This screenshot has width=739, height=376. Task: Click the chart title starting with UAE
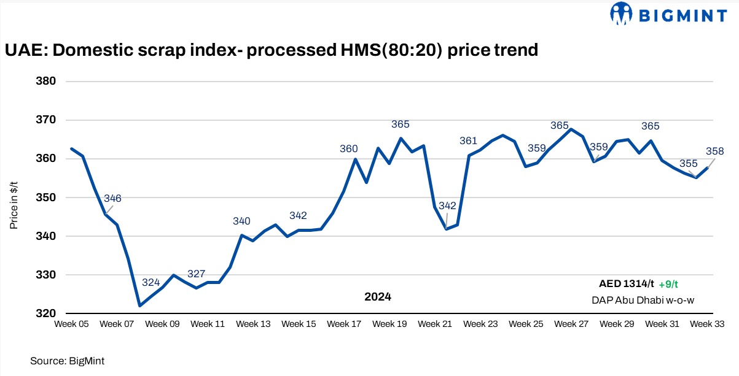pos(272,50)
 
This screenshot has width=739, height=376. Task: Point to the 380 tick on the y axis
pos(47,82)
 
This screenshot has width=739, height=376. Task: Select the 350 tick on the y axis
pos(47,198)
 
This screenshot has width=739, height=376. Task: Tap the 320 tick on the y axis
pos(47,313)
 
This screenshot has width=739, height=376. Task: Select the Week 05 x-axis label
pos(72,324)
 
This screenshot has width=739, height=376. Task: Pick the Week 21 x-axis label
pos(435,324)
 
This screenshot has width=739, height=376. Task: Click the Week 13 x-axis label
pos(253,324)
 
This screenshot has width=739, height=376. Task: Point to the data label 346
pos(113,198)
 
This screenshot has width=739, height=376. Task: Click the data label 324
pos(151,282)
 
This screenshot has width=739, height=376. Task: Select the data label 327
pos(196,274)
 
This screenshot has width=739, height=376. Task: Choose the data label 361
pos(468,141)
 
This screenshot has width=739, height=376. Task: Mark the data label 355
pos(688,164)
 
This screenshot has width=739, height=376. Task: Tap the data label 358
pos(715,151)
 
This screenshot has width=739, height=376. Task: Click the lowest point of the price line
pos(140,305)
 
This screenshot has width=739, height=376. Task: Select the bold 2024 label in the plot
pos(377,297)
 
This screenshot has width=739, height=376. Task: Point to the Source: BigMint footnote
pos(63,361)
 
